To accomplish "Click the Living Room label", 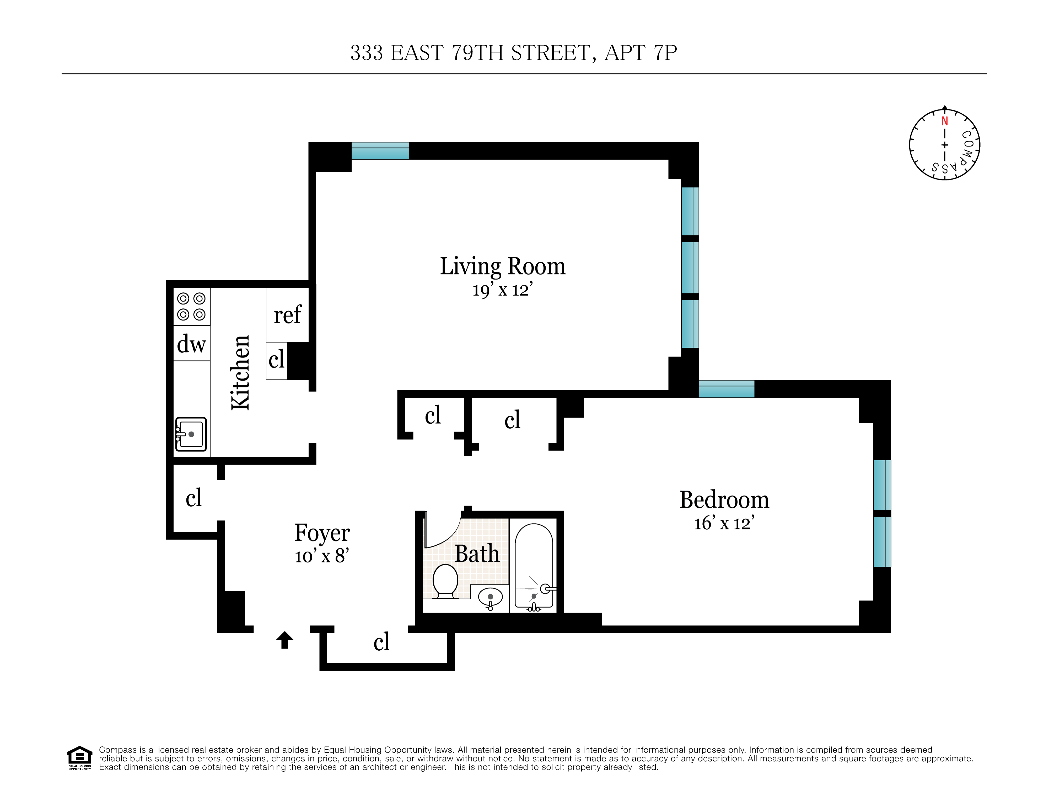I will (x=502, y=266).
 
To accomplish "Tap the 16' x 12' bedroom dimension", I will (x=724, y=523).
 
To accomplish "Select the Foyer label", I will (x=322, y=533).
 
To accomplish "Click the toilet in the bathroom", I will (x=445, y=581).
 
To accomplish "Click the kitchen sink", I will (x=191, y=434).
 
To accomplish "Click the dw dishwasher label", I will (x=191, y=344).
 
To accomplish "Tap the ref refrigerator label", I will (x=287, y=315).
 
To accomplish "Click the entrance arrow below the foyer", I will (x=285, y=640).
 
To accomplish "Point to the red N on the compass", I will (x=944, y=122).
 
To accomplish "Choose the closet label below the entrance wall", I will (x=381, y=642).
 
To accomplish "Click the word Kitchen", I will (x=240, y=373).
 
